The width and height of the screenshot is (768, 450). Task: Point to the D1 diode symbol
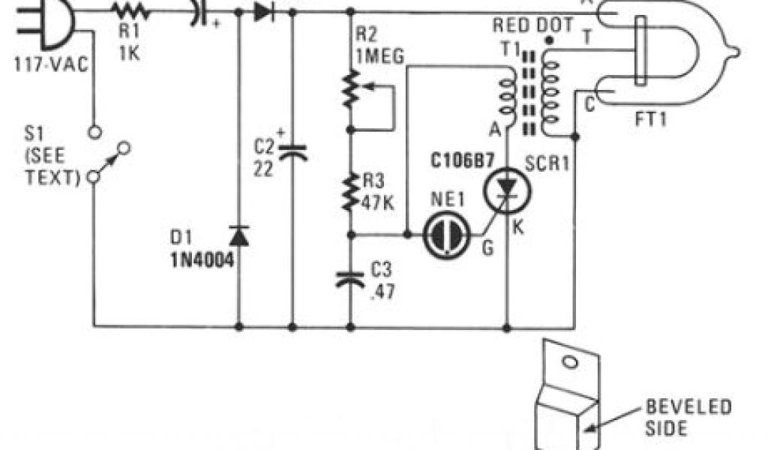[239, 235]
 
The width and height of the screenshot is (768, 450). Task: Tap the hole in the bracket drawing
[569, 362]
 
